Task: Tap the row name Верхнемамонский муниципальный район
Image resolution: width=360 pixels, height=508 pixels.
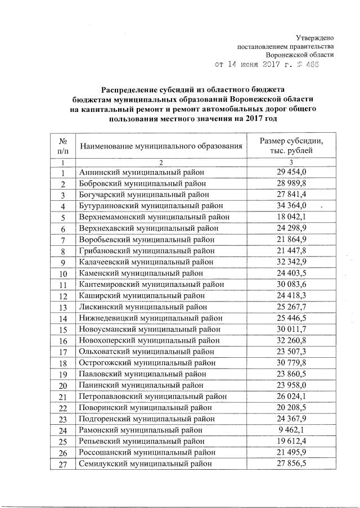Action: coord(154,217)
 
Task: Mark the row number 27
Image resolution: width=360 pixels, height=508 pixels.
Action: coord(63,465)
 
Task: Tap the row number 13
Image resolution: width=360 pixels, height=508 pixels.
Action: coord(63,307)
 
